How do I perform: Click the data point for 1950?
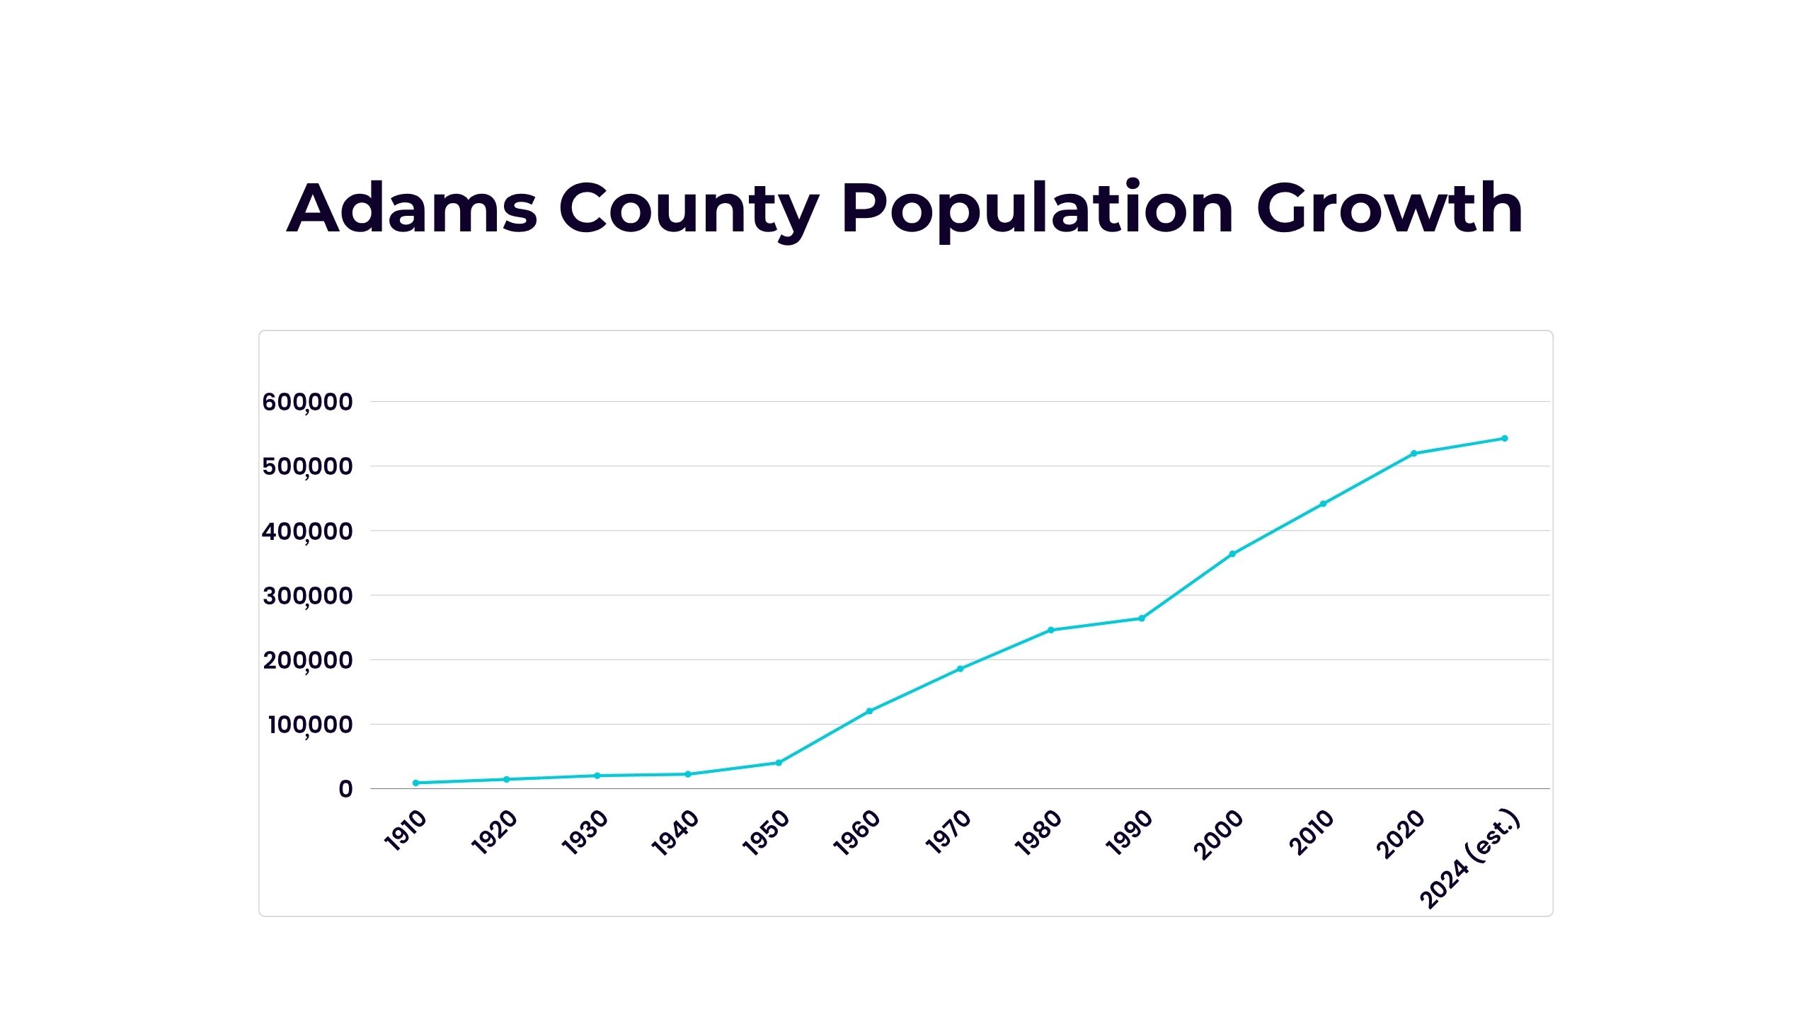779,763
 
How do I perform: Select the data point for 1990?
1142,618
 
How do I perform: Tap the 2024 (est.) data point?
1505,438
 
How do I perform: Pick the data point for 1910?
415,783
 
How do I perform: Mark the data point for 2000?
1232,554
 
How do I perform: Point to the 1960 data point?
869,711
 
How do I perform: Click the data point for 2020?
1414,453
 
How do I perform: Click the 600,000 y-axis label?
307,402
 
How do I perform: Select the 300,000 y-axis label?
307,596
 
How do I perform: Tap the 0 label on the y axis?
345,789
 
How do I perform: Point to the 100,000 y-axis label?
310,725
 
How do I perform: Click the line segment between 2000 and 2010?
1278,529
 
